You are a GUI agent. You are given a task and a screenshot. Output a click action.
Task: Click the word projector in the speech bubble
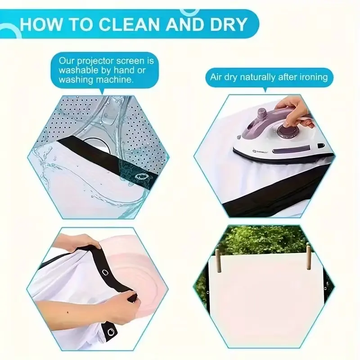95,61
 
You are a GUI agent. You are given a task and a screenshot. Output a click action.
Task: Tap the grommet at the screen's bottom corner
111,331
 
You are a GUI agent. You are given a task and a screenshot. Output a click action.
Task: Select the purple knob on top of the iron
262,113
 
